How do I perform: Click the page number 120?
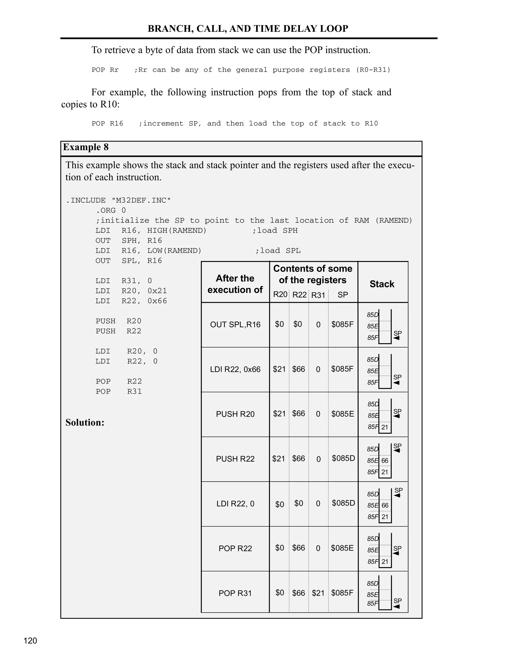(x=30, y=641)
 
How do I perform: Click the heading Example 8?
(x=86, y=147)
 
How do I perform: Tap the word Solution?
(x=85, y=423)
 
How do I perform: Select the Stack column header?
(x=382, y=284)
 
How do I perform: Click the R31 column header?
(x=318, y=295)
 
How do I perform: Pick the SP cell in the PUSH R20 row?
(x=342, y=414)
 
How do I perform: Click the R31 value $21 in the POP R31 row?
(x=318, y=593)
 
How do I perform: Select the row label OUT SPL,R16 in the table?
(x=235, y=325)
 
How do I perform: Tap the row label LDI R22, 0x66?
(x=235, y=369)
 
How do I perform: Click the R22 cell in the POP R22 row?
(x=298, y=548)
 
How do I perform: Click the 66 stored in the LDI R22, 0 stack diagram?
(x=385, y=505)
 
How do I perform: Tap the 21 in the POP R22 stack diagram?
(x=385, y=562)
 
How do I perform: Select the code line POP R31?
(x=118, y=392)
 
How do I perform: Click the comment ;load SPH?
(x=275, y=231)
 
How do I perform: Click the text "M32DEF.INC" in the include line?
(x=141, y=201)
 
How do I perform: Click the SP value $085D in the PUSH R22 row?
(x=343, y=458)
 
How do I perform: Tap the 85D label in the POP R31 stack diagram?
(x=372, y=583)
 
